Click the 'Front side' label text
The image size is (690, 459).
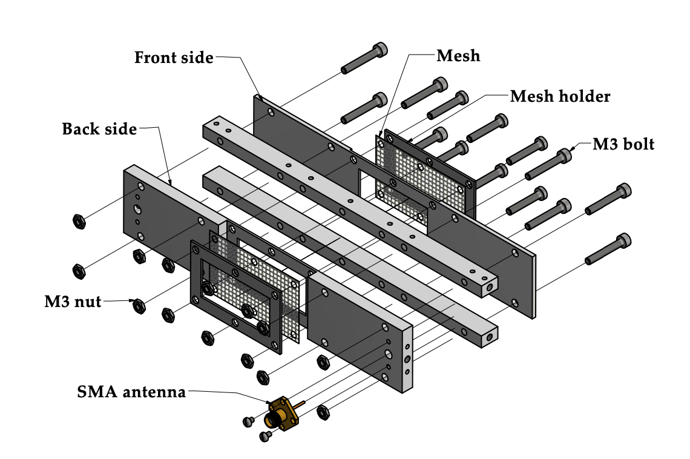(x=174, y=58)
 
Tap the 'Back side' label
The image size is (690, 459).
(x=99, y=129)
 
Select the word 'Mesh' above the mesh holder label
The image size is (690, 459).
(x=458, y=56)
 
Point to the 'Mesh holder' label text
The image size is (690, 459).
(x=560, y=96)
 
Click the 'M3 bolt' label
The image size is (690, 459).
(x=623, y=144)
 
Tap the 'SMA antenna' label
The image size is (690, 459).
(x=131, y=392)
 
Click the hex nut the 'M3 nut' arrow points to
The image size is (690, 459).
(x=139, y=305)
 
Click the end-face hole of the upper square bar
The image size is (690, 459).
(x=489, y=289)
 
